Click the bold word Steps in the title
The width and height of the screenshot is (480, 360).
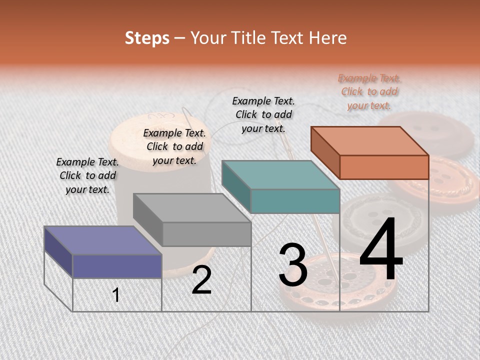[x=147, y=38]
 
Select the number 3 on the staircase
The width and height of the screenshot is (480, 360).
[x=293, y=265]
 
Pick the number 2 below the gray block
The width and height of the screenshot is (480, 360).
[x=202, y=280]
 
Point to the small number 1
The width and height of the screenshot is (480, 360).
[x=116, y=295]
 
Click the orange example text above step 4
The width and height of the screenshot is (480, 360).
[x=369, y=92]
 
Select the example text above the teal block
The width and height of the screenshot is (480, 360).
[x=263, y=114]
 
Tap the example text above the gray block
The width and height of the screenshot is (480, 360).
[x=174, y=146]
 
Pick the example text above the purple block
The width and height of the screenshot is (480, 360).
[x=87, y=175]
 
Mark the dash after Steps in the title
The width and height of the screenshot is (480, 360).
[x=180, y=38]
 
